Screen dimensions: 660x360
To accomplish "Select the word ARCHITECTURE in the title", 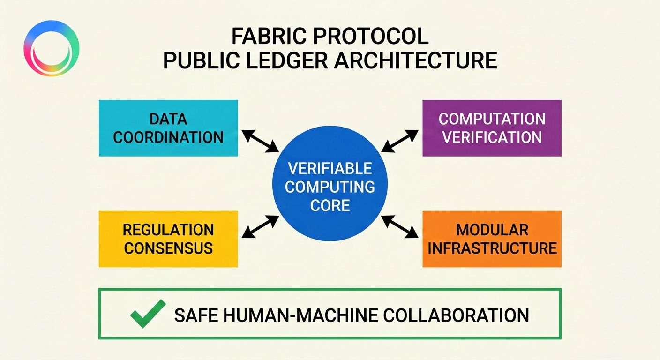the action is point(416,61).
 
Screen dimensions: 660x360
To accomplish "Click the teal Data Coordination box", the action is point(168,128).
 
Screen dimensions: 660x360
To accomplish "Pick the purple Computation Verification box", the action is point(492,128).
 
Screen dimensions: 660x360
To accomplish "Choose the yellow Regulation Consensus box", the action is point(168,239).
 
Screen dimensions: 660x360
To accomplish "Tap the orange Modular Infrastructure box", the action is point(492,239).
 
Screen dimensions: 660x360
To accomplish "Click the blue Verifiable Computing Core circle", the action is point(330,187).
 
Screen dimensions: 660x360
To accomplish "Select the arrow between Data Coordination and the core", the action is point(260,141).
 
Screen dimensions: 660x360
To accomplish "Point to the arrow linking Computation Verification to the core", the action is point(399,141).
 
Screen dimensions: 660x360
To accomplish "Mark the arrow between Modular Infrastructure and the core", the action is point(399,226).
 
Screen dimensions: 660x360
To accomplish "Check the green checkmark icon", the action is point(148,313).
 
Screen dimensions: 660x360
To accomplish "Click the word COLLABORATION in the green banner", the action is point(456,315).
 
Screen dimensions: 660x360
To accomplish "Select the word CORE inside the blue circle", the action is point(330,205).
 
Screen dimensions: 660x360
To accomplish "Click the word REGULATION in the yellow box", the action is point(168,230).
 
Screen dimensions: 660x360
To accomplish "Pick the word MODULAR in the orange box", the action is point(492,230).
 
